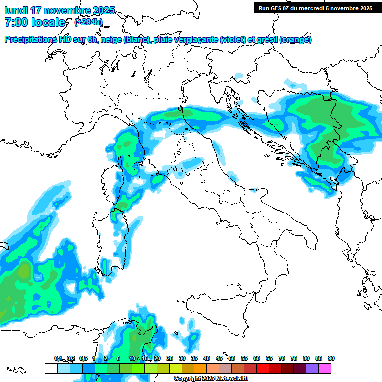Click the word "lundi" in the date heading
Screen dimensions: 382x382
point(16,10)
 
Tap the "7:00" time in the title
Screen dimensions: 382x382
point(15,22)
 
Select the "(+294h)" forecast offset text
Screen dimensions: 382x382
point(88,22)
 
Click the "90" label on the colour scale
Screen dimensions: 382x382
point(331,358)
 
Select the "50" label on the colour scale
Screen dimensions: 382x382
point(232,358)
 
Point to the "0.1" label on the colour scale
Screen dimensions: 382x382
point(58,358)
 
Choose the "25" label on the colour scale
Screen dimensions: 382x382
point(170,358)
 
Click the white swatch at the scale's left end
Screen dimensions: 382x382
point(51,368)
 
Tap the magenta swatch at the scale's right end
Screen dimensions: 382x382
point(325,368)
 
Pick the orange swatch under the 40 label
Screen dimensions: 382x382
point(200,368)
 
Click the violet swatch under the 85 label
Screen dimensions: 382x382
point(312,368)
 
